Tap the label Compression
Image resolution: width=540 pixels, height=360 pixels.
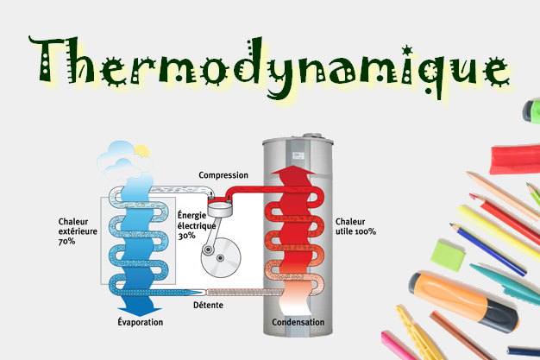223,175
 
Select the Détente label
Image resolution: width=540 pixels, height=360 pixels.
208,305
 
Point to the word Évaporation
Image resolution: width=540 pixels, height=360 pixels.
140,322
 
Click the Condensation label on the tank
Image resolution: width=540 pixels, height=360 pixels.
298,322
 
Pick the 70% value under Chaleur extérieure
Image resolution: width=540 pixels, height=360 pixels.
66,242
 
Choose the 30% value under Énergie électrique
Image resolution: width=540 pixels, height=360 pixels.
186,236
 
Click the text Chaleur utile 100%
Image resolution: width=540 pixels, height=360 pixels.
355,226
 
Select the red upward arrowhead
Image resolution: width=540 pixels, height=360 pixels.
293,170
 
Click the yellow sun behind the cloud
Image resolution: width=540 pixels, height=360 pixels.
142,151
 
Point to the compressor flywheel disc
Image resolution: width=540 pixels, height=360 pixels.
221,257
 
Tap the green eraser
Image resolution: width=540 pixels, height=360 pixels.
448,256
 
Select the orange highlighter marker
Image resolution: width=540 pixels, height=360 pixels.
463,300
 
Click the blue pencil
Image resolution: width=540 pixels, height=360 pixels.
487,249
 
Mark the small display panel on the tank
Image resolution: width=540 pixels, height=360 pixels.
298,155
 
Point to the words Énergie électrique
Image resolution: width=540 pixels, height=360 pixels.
197,221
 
